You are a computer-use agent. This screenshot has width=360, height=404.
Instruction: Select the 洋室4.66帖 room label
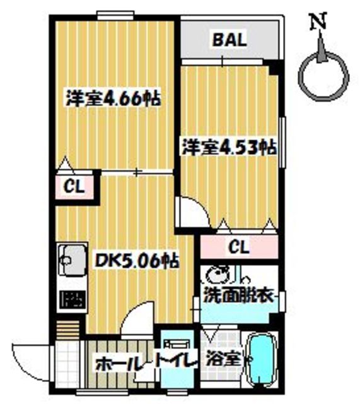(113, 98)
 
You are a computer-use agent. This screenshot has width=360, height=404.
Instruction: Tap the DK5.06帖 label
(135, 259)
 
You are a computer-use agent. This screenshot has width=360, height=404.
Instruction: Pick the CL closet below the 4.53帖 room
(238, 247)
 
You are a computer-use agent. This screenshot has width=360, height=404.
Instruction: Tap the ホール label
(118, 363)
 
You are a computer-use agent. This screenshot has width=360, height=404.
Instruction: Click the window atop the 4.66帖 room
(115, 13)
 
